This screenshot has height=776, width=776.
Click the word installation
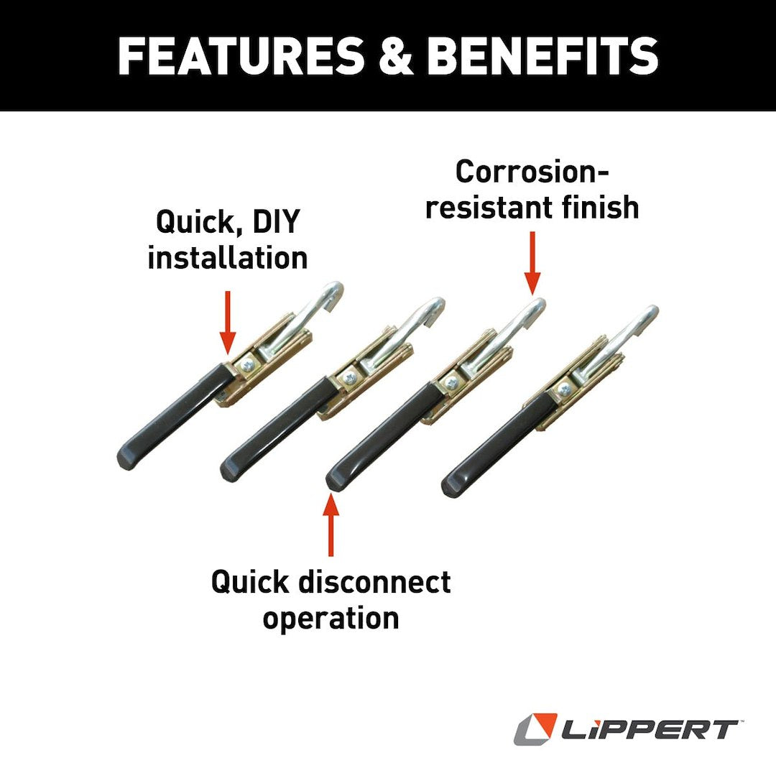click(228, 257)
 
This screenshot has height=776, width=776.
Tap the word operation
click(331, 618)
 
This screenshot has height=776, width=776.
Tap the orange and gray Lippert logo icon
click(535, 729)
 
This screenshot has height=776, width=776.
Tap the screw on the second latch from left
click(349, 375)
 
